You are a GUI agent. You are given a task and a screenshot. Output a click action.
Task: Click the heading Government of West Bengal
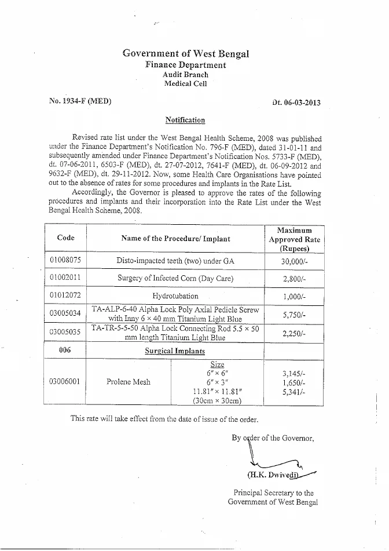pos(185,54)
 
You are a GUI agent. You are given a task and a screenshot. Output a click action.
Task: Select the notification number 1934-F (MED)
pos(80,101)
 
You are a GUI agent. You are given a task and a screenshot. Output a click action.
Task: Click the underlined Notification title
pos(185,120)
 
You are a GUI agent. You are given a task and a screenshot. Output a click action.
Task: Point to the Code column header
pos(65,238)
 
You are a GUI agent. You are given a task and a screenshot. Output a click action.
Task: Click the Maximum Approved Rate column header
pos(295,239)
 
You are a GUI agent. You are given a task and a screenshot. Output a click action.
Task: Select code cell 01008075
pos(65,261)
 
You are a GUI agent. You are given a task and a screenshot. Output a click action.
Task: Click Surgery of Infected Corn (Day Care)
pos(175,278)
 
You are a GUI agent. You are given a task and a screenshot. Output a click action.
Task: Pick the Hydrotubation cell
pos(175,295)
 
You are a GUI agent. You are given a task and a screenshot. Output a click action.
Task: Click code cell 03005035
pos(65,333)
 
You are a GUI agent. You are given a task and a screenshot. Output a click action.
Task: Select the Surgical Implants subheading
pos(175,351)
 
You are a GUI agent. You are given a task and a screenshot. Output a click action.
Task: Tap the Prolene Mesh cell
pos(129,382)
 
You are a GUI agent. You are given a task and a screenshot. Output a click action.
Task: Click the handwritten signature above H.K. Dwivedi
pos(272,461)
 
